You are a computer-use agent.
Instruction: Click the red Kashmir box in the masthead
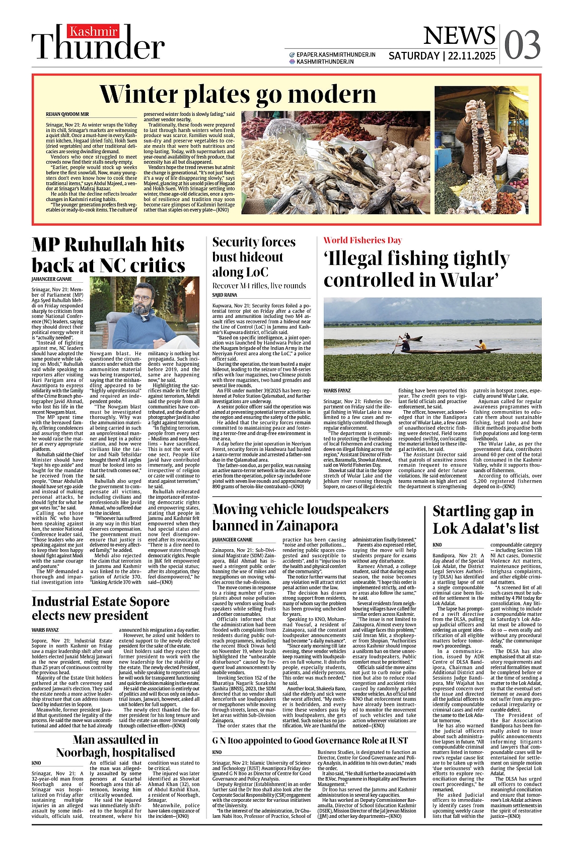point(94,32)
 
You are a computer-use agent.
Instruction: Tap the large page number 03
point(522,45)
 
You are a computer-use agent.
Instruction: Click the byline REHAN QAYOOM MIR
point(67,114)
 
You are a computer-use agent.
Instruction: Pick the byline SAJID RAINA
point(225,295)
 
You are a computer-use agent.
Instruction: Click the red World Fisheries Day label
point(363,240)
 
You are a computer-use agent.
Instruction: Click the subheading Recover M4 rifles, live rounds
point(259,286)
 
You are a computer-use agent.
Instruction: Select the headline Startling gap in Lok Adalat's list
point(485,520)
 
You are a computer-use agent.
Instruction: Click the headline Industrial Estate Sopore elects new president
point(100,608)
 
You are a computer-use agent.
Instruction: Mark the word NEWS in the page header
point(459,36)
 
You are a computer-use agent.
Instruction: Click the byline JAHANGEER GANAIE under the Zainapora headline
point(232,540)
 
